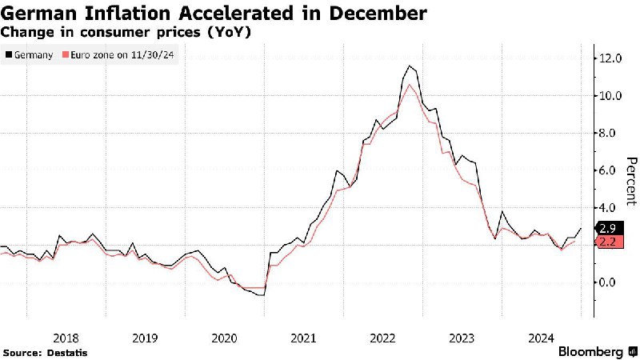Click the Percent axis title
coord(631,180)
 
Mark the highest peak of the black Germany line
coord(410,66)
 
